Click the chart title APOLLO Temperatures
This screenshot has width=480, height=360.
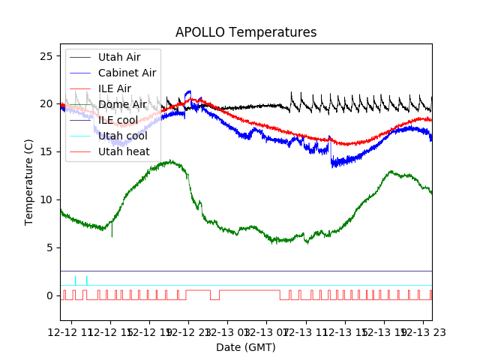point(246,33)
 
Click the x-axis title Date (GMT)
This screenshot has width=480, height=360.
point(246,347)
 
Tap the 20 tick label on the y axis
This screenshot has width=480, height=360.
point(49,104)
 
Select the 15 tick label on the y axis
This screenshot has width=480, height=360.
point(49,152)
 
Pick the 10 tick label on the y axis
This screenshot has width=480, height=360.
point(49,200)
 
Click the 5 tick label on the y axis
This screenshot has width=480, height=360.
point(52,248)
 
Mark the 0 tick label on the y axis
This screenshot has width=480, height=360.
point(52,296)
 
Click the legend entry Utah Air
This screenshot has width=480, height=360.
point(118,57)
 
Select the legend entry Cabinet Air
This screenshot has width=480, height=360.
point(127,73)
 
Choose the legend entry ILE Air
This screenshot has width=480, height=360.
point(114,88)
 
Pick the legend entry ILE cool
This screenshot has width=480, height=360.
point(118,120)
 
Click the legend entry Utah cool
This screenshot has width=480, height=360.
point(122,136)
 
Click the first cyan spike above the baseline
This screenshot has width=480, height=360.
point(75,280)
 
